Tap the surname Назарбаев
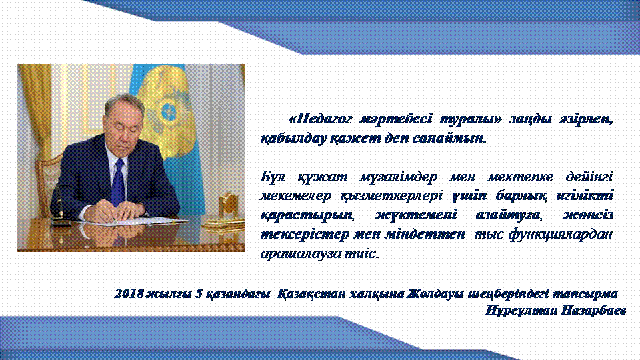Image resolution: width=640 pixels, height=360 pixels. coord(593,311)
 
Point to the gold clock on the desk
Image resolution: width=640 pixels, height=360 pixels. coord(228,206)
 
